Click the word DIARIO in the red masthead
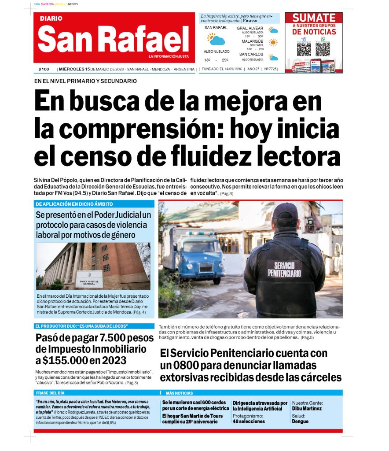[51, 19]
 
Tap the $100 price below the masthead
[44, 70]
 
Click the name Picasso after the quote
[250, 20]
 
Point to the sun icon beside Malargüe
[273, 43]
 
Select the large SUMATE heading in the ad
[314, 18]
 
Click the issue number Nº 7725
[270, 70]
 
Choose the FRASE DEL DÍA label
[50, 393]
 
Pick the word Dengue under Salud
[300, 421]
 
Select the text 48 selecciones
[249, 421]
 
